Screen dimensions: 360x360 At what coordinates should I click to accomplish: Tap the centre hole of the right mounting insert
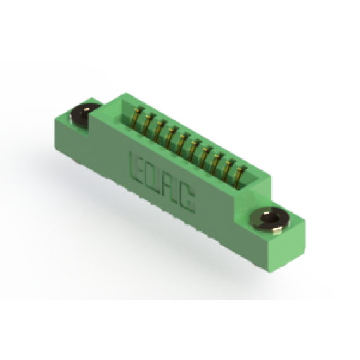pyautogui.click(x=271, y=219)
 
